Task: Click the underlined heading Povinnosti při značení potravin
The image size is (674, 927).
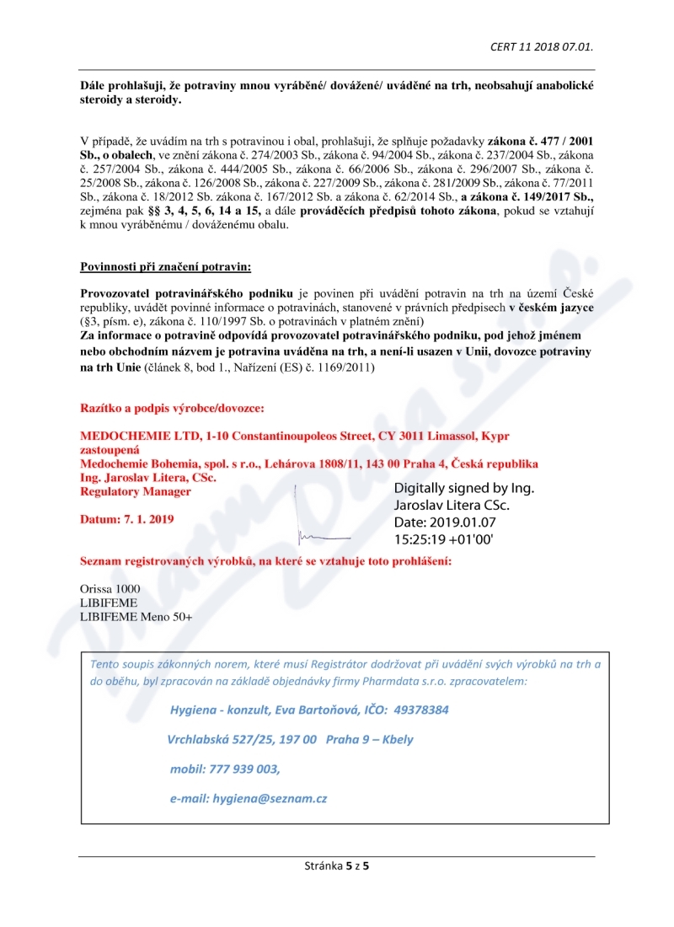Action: tap(165, 267)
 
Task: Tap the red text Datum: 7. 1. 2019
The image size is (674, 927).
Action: tap(126, 519)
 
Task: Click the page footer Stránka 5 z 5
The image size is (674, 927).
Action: tap(336, 865)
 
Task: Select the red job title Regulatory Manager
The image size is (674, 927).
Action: tap(135, 491)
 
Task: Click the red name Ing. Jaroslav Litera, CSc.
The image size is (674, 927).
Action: tap(147, 478)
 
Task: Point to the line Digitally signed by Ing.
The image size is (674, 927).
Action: tap(464, 488)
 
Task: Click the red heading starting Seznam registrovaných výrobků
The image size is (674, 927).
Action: tap(265, 560)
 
